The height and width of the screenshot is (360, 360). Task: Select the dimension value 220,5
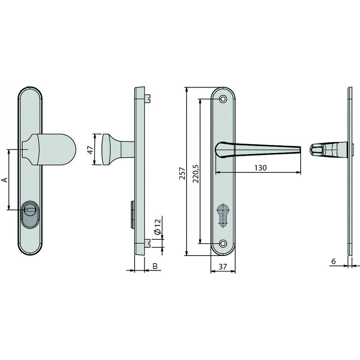(195, 173)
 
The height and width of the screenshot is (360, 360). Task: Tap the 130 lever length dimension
(260, 168)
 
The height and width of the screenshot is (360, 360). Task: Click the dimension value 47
(91, 149)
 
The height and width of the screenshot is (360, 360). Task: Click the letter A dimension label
(5, 180)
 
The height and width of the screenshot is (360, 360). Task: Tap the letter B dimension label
(155, 266)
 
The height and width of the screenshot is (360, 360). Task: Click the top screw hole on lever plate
(223, 99)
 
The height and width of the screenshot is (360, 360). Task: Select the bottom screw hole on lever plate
(223, 244)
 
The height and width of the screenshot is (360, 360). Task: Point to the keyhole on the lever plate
(223, 215)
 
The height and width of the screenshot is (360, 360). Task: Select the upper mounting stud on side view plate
(149, 97)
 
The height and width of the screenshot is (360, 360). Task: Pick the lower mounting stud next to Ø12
(148, 243)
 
